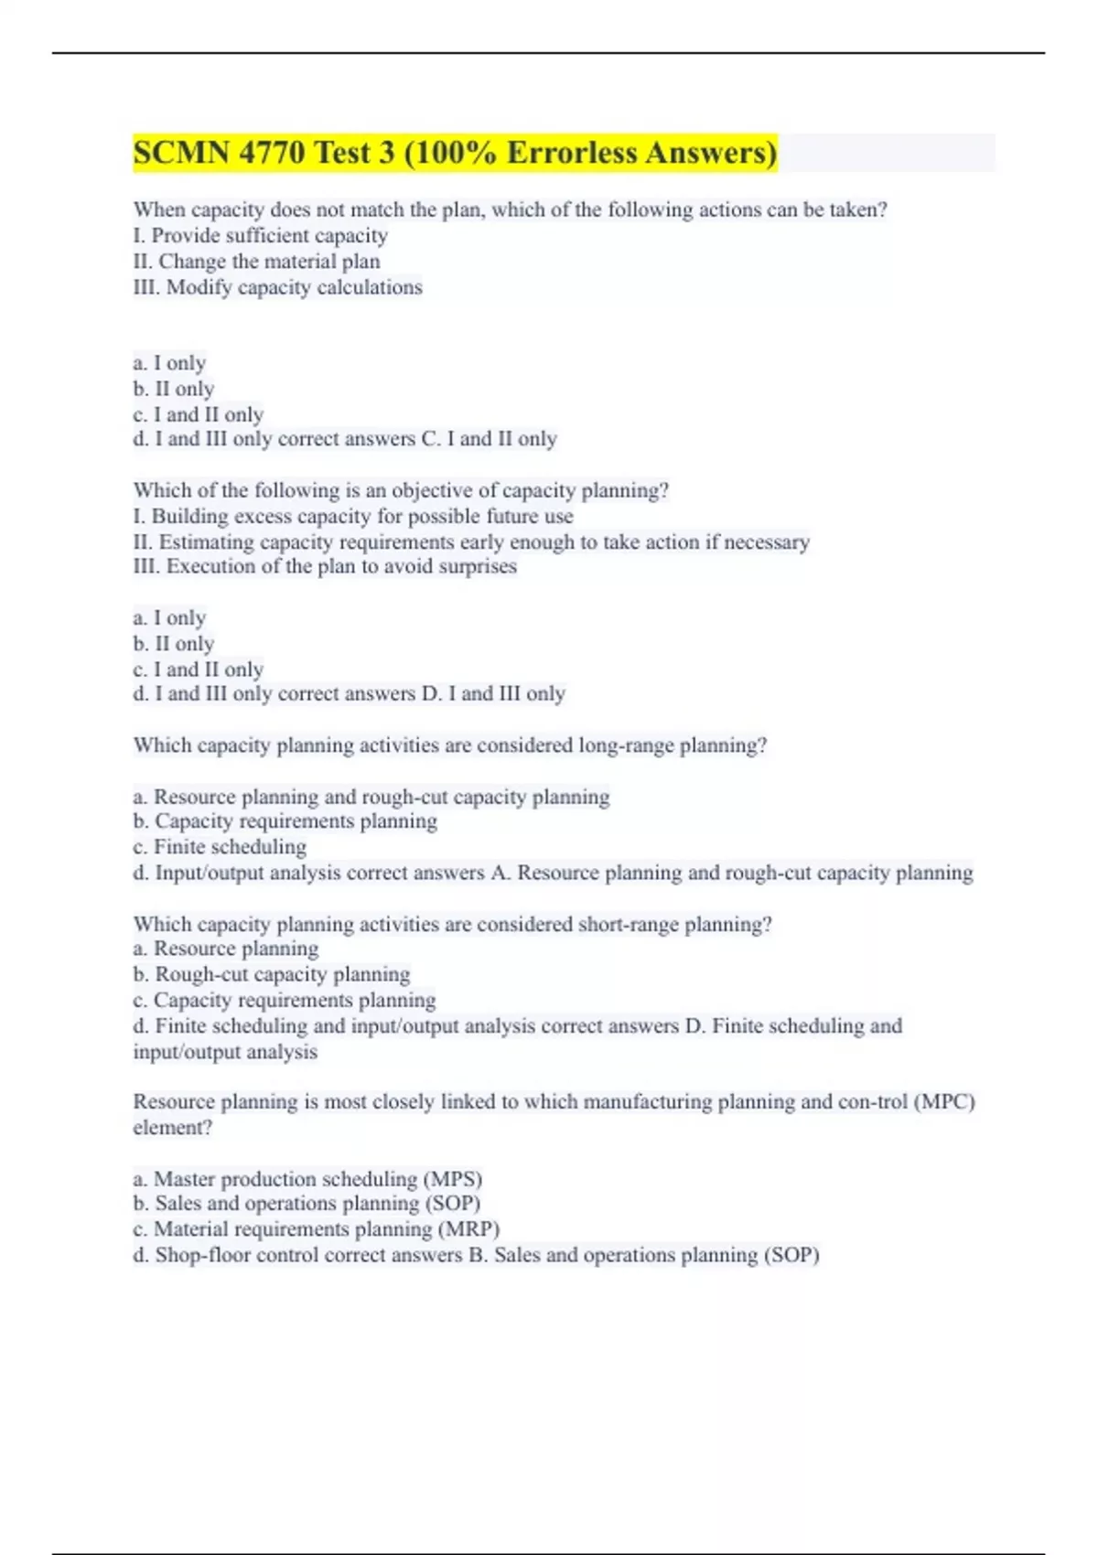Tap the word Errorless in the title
coord(571,152)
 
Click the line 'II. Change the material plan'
coord(256,262)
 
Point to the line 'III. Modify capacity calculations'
coord(277,287)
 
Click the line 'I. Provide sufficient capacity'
coord(260,236)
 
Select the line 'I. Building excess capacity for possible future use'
coord(353,516)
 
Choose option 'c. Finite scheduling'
coord(220,847)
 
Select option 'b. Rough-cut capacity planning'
coord(272,974)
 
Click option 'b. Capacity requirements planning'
coord(285,821)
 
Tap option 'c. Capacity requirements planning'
coord(285,1000)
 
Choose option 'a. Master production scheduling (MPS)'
coord(307,1179)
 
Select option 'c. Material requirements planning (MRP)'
coord(316,1229)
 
